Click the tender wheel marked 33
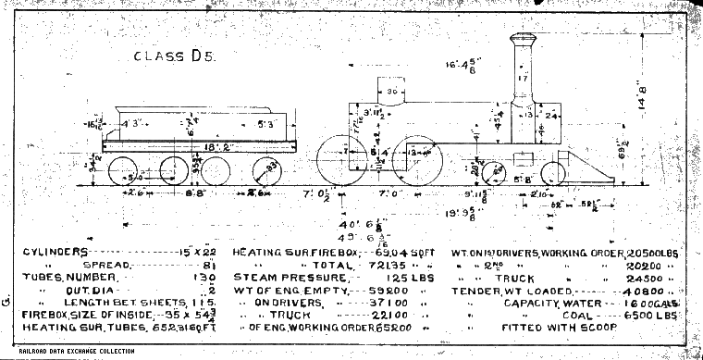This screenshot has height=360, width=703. point(268,174)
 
